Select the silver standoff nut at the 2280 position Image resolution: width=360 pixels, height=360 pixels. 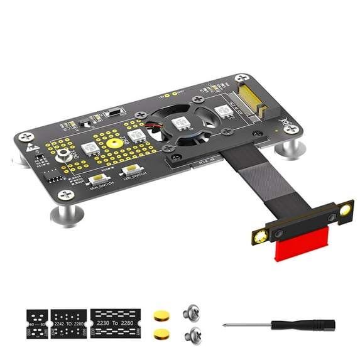point(63,156)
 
